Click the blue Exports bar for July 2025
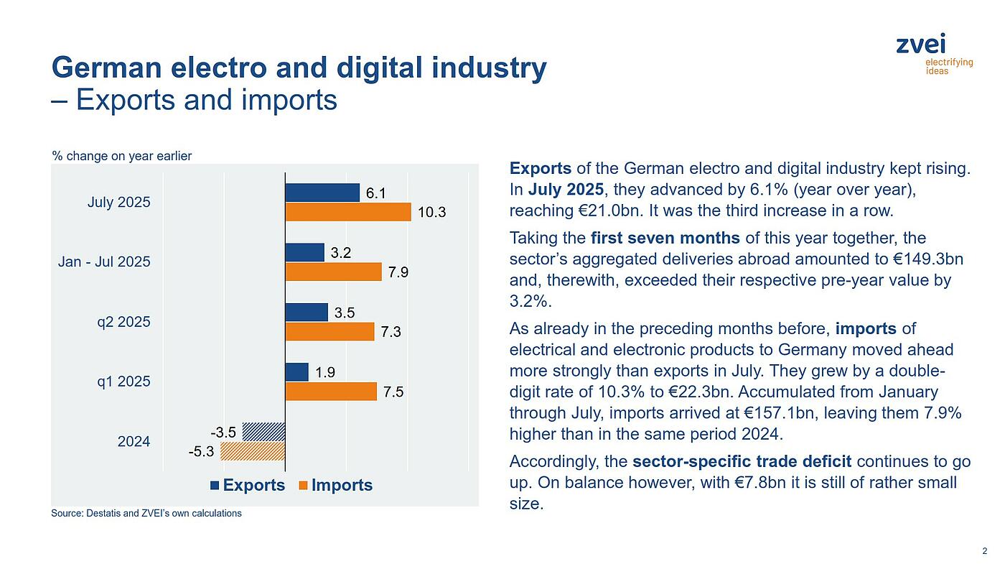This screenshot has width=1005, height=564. point(322,193)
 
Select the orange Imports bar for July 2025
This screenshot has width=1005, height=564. point(348,212)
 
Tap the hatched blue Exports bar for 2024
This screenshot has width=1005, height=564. point(263,432)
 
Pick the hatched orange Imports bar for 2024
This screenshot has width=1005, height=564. point(253,451)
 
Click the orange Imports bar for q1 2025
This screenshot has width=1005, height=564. point(331,391)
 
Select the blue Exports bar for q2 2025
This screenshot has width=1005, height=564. point(307,312)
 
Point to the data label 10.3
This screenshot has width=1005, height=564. point(431,213)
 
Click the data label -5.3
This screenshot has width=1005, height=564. point(201,453)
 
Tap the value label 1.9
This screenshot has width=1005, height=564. point(325,372)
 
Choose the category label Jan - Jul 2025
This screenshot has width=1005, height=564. point(104,262)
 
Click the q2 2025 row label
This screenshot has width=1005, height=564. point(123,321)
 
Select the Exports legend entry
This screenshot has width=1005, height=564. point(248,485)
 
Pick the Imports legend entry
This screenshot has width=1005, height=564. point(335,485)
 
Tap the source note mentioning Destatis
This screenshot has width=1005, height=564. point(146,513)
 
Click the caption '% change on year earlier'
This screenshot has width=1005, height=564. point(121,156)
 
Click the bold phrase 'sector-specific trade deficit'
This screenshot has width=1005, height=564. point(742,461)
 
